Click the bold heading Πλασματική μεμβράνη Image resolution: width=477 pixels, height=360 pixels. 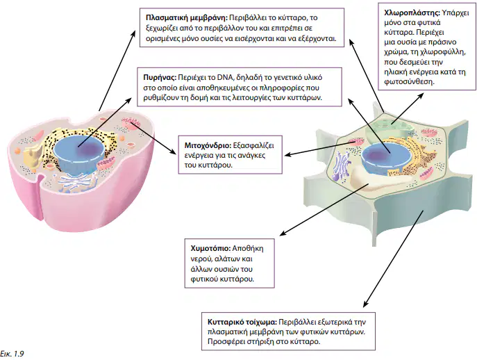click(x=187, y=18)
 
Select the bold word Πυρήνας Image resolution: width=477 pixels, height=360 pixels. click(x=160, y=77)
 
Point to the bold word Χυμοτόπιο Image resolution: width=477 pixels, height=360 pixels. click(x=210, y=248)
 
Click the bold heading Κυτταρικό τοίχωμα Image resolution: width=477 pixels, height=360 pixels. click(x=242, y=322)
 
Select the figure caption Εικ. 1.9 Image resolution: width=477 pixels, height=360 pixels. click(x=12, y=354)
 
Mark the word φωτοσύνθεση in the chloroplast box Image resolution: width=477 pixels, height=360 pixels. click(x=409, y=82)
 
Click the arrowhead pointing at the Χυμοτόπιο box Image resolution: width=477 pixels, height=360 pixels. click(x=283, y=234)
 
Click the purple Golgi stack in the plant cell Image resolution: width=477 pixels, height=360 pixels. click(x=342, y=166)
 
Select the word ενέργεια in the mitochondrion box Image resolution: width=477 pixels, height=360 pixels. click(x=199, y=156)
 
